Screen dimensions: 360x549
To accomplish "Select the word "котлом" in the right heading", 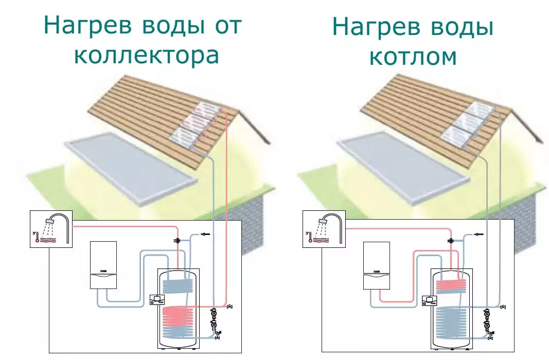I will pyautogui.click(x=413, y=56).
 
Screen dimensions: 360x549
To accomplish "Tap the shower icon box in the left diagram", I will pyautogui.click(x=51, y=229).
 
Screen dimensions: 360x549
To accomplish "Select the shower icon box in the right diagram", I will pyautogui.click(x=323, y=229).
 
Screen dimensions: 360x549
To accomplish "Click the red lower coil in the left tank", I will pyautogui.click(x=177, y=321).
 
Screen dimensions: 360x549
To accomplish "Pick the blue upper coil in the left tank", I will pyautogui.click(x=177, y=285).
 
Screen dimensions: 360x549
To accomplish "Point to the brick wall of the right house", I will pyautogui.click(x=533, y=206).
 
